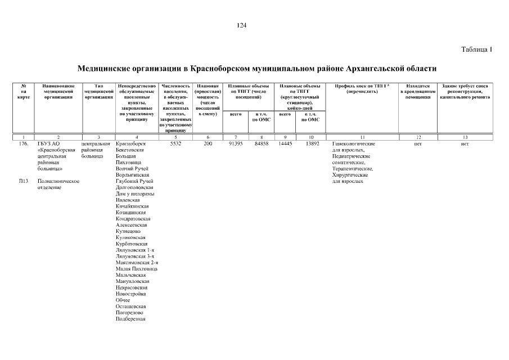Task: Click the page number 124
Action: tap(242, 25)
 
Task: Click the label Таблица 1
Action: tap(476, 49)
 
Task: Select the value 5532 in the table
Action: tap(175, 144)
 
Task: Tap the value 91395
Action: tap(236, 144)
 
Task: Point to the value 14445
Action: tap(286, 144)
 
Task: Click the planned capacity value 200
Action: tap(208, 144)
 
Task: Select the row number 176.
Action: tap(23, 144)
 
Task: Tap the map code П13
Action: tap(23, 181)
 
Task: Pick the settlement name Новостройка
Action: tap(130, 294)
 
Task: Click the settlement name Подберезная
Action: tap(130, 319)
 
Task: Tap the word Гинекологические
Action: tap(353, 144)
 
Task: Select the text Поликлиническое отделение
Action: tap(57, 184)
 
